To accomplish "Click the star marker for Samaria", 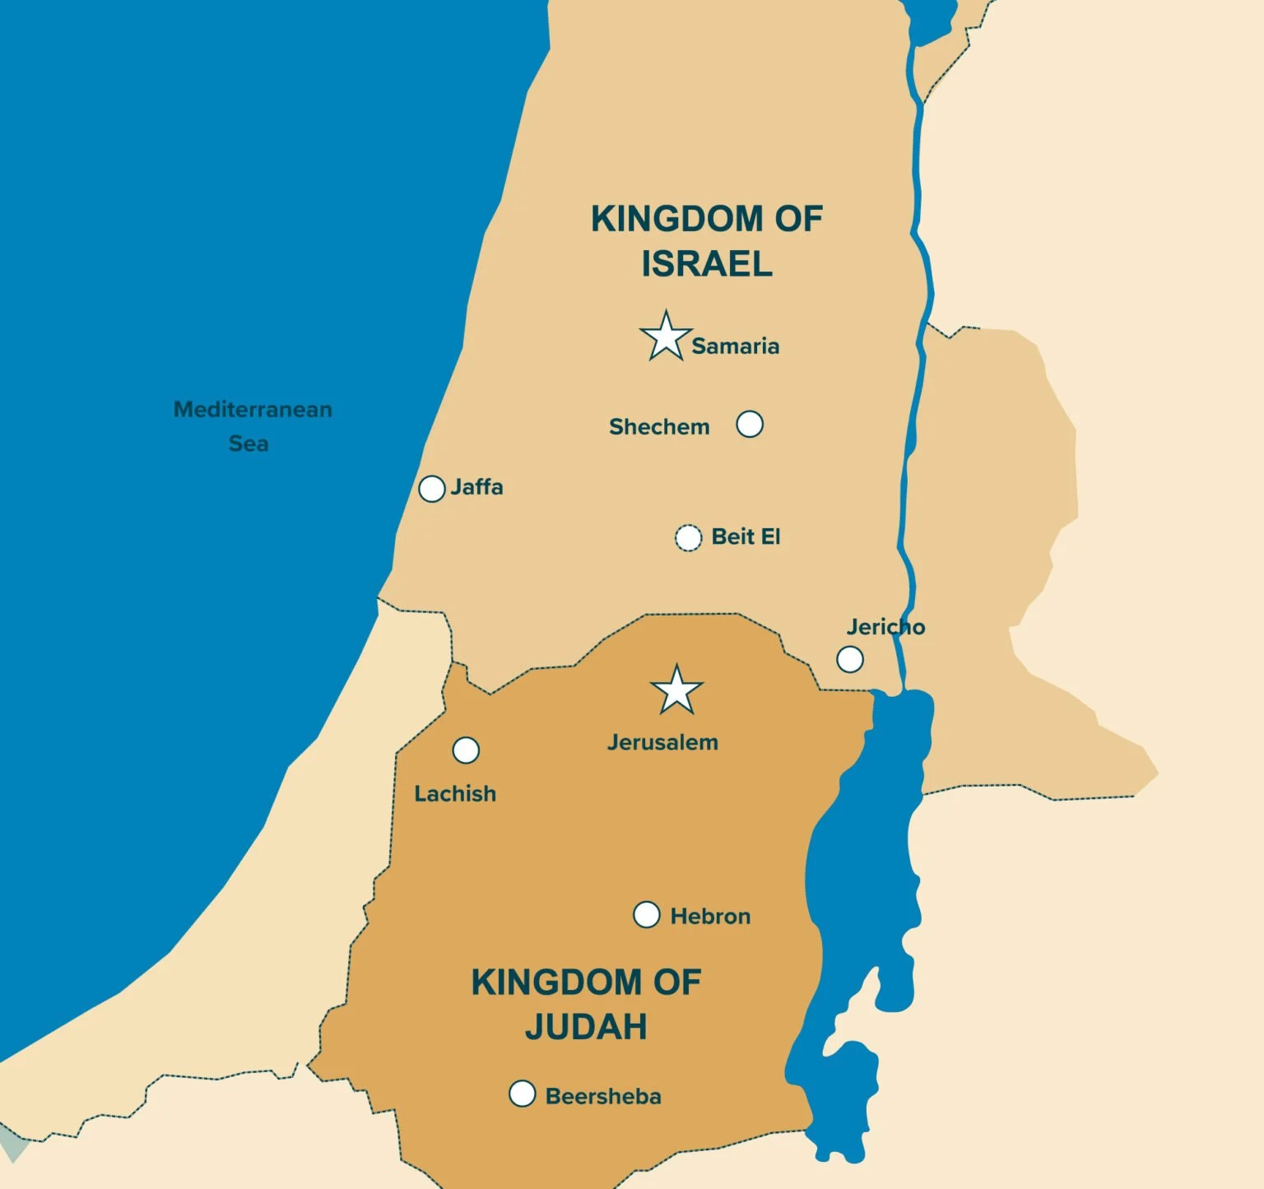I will pos(665,337).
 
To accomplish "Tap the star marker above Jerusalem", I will pos(676,691).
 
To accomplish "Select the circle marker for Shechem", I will pos(749,425).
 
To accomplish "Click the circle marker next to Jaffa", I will pos(432,489).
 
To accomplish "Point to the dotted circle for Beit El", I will pos(688,537).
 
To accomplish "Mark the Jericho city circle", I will pos(850,659).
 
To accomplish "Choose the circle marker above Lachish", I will pos(466,750).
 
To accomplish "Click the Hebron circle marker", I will pos(647,914).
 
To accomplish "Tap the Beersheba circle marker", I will pos(522,1094).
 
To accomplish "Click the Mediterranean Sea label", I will pos(252,426).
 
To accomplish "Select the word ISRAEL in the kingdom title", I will pos(707,264).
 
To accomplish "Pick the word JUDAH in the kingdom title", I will pos(586,1027).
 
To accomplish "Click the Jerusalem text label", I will pos(662,742).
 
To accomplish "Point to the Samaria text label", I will pos(735,346).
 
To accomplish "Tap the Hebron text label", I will pos(710,917).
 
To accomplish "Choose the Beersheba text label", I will pos(603,1097).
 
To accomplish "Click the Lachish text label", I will pos(455,794).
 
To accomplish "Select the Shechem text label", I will pos(659,427).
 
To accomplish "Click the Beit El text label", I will pos(746,537).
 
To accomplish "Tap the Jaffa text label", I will pos(476,487).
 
